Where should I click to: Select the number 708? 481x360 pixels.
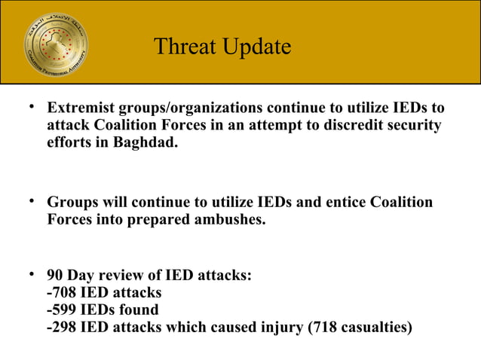pyautogui.click(x=65, y=291)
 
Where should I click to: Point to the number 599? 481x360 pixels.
pyautogui.click(x=65, y=310)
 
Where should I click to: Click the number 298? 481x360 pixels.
pyautogui.click(x=65, y=328)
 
